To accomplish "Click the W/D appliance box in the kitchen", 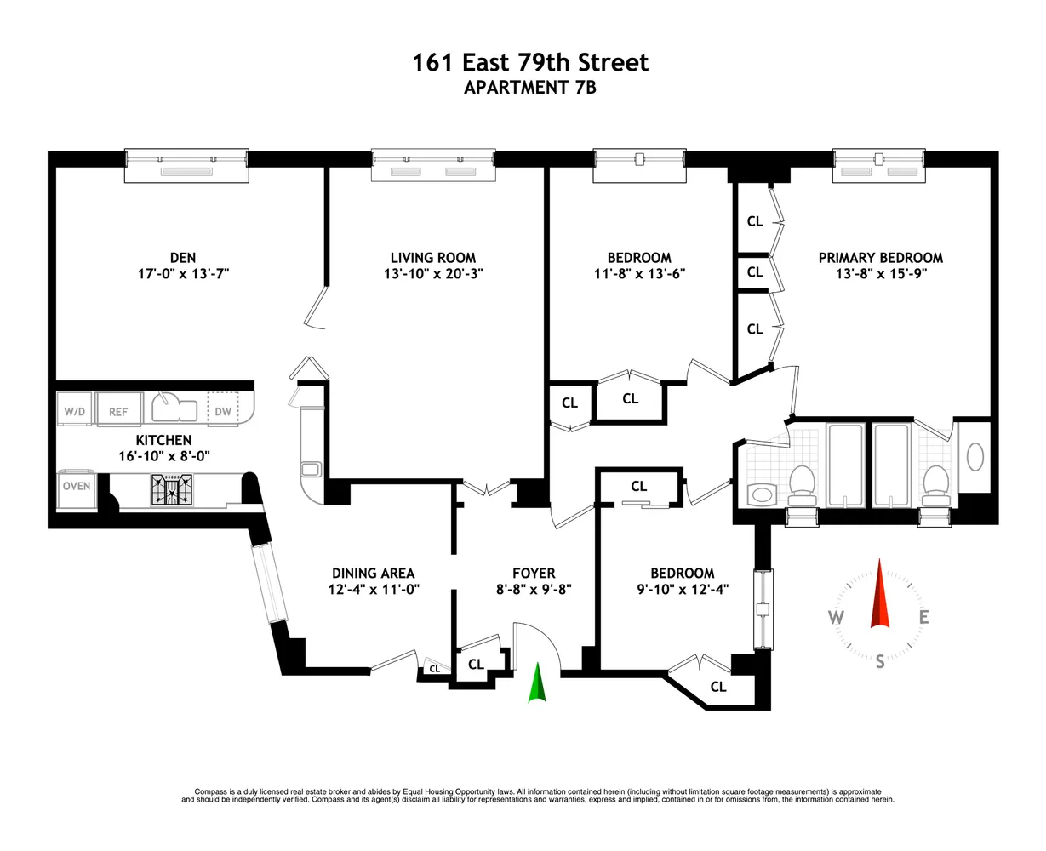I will coord(75,411).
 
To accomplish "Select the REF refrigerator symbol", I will coord(117,411).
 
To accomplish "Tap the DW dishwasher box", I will coord(223,411).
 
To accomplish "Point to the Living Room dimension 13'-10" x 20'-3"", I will coord(432,274).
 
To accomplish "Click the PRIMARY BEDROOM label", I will coord(880,258).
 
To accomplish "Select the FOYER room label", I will coord(534,574).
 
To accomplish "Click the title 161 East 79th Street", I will coord(530,63).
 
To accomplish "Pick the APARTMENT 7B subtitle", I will coord(530,87).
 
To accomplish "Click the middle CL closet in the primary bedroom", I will coord(755,272).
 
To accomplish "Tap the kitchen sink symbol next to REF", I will coord(174,408).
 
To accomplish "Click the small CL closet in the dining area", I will coord(435,669).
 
